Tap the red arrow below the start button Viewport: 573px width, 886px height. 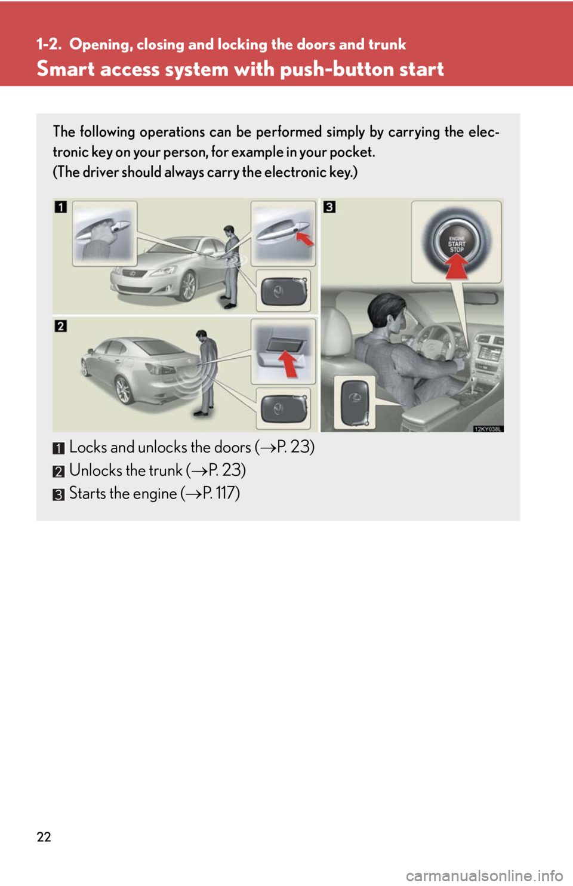coord(457,266)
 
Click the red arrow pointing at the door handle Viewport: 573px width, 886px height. coord(305,238)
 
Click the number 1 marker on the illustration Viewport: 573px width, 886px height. coord(60,207)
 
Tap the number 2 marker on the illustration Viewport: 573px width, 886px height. coord(60,327)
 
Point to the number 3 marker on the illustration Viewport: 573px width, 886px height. coord(329,207)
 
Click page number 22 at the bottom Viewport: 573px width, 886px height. coord(44,837)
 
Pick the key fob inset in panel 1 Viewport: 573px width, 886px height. coord(284,291)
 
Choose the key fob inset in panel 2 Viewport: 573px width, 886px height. coord(284,408)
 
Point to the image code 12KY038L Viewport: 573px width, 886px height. coord(488,429)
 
